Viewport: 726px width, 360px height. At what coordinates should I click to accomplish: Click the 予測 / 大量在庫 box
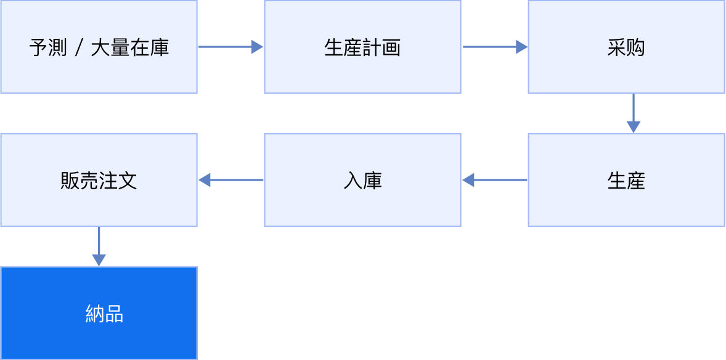99,47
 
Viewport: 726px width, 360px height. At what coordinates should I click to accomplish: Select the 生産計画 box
362,47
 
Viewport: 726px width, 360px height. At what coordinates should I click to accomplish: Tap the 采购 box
626,47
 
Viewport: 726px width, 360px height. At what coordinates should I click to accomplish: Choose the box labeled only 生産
626,180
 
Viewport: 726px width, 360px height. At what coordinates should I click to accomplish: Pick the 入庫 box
362,180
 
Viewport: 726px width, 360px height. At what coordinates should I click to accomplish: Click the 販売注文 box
99,180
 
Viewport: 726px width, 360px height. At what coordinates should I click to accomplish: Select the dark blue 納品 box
99,313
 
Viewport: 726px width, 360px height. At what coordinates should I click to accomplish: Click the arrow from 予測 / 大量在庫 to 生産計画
230,47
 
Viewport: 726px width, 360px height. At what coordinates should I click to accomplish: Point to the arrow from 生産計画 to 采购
495,47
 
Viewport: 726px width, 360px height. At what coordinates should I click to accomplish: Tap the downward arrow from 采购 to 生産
634,113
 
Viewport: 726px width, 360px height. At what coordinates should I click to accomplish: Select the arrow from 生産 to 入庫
494,180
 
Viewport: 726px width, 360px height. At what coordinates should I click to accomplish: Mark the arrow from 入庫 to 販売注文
230,180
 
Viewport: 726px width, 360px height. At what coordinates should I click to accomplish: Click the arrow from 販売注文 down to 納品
99,247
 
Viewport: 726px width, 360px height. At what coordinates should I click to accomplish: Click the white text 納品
105,314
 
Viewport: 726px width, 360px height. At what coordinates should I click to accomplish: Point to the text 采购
626,48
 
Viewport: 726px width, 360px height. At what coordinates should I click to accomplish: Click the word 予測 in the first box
47,48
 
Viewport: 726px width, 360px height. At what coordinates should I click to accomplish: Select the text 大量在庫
129,48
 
